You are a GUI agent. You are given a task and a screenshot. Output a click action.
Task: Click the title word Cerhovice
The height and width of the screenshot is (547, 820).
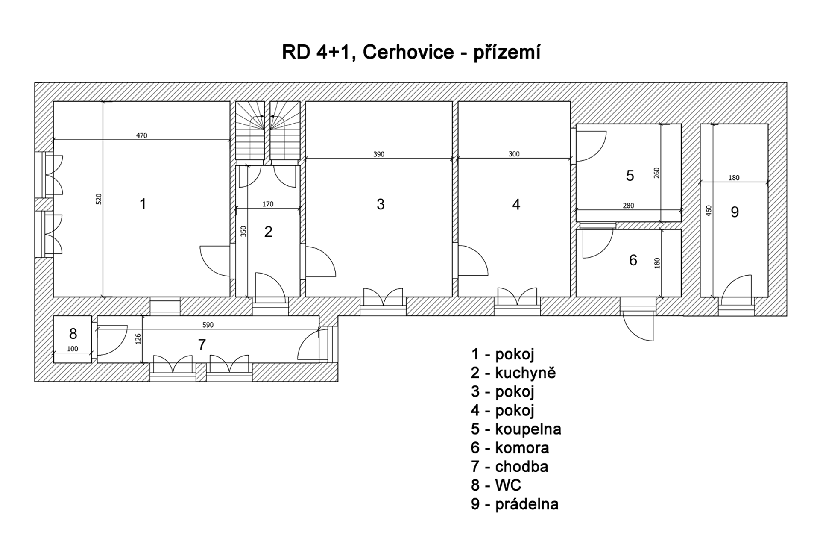pyautogui.click(x=408, y=53)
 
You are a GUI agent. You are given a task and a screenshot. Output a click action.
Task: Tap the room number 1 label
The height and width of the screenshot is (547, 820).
pyautogui.click(x=143, y=204)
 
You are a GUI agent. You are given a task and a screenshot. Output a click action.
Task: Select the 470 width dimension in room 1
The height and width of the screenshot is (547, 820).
pyautogui.click(x=141, y=135)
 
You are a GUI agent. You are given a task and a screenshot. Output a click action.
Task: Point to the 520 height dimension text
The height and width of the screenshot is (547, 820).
pyautogui.click(x=99, y=199)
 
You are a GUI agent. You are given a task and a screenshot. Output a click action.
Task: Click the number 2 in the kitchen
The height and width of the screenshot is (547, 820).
pyautogui.click(x=268, y=232)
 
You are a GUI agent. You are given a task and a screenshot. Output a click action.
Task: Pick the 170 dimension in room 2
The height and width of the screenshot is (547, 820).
pyautogui.click(x=268, y=204)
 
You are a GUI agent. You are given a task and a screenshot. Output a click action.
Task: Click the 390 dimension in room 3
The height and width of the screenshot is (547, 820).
pyautogui.click(x=379, y=154)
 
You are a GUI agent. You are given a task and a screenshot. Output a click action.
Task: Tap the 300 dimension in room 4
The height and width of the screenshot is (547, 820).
pyautogui.click(x=514, y=154)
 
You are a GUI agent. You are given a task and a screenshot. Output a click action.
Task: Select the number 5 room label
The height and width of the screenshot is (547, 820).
pyautogui.click(x=630, y=176)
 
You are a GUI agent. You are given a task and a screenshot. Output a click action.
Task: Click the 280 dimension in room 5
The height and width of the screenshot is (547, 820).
pyautogui.click(x=628, y=206)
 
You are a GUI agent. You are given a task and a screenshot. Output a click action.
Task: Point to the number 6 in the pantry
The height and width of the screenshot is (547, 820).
pyautogui.click(x=633, y=260)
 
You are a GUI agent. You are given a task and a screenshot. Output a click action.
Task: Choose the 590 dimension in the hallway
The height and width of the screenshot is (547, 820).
pyautogui.click(x=208, y=325)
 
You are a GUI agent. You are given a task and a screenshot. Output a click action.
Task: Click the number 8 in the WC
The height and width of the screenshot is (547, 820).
pyautogui.click(x=73, y=333)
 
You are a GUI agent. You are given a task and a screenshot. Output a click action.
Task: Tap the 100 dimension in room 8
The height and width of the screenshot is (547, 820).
pyautogui.click(x=73, y=349)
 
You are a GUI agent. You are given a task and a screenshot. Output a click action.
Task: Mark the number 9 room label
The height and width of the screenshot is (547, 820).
pyautogui.click(x=735, y=212)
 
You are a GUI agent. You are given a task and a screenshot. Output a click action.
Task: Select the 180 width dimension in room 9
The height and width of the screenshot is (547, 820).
pyautogui.click(x=734, y=178)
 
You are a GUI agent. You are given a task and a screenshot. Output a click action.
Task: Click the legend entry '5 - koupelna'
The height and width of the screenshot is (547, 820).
pyautogui.click(x=516, y=429)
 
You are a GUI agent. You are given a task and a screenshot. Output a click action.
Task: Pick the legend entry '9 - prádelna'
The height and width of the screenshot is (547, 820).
pyautogui.click(x=515, y=504)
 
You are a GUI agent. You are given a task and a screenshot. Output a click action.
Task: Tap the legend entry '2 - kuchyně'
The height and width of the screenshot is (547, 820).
pyautogui.click(x=513, y=373)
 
